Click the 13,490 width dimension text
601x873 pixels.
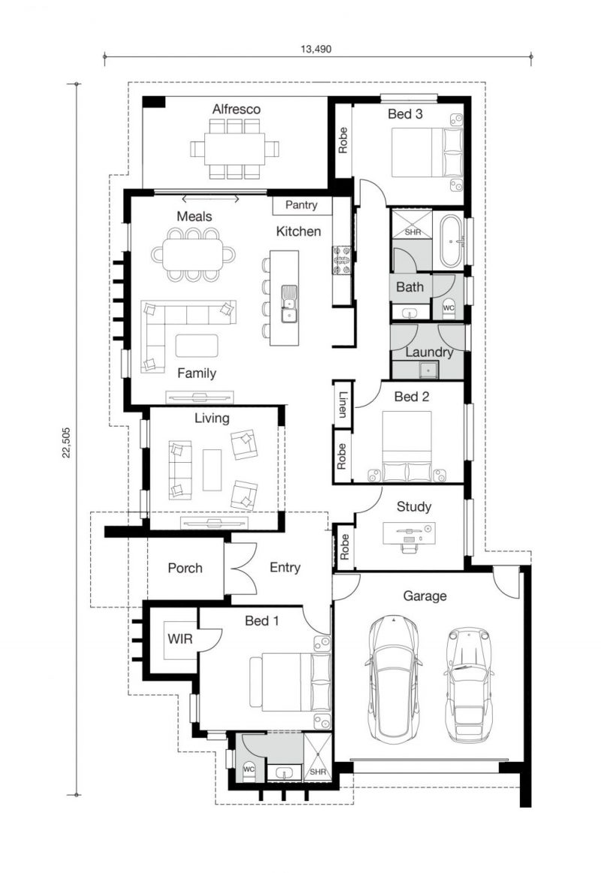point(316,49)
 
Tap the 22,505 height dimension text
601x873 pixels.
point(67,443)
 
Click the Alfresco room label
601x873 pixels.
point(237,109)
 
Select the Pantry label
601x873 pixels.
point(301,205)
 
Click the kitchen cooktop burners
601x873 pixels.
point(341,260)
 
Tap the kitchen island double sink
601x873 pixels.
point(288,304)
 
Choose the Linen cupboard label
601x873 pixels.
point(343,405)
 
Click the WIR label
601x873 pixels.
point(180,639)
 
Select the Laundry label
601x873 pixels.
point(429,352)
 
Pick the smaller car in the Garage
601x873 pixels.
point(469,685)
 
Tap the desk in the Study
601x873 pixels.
point(409,533)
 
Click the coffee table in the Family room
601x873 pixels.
point(196,345)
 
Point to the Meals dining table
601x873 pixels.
point(193,255)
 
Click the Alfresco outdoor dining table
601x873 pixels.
point(234,149)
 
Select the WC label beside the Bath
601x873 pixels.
point(448,307)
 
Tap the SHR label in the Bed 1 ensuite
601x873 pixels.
point(318,772)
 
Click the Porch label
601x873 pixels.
point(186,568)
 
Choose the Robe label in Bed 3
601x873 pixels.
point(343,140)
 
